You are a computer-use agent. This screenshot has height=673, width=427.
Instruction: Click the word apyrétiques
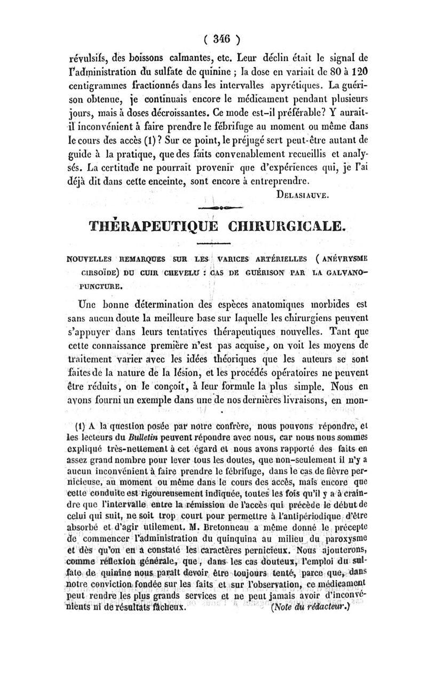pos(302,85)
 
